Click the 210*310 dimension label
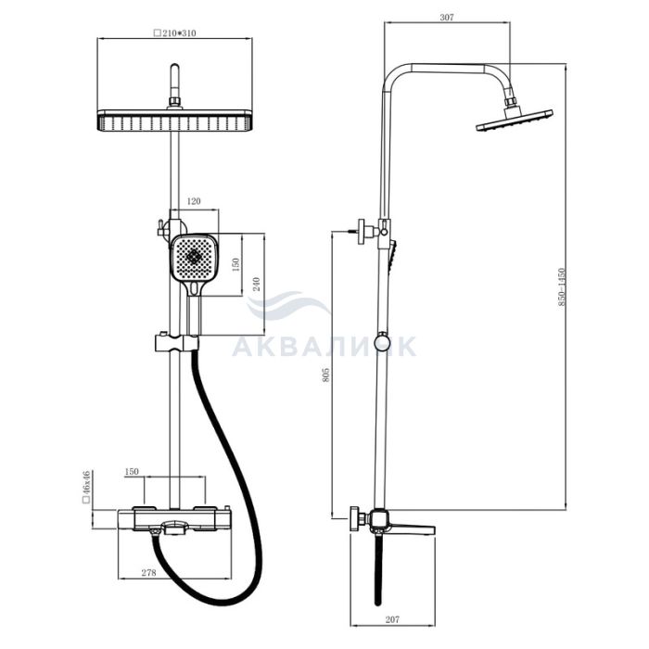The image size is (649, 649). pyautogui.click(x=174, y=33)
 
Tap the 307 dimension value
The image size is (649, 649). pyautogui.click(x=447, y=18)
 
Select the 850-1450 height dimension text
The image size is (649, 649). pyautogui.click(x=561, y=286)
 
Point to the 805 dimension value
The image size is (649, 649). pyautogui.click(x=326, y=375)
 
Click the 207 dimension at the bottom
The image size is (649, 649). pyautogui.click(x=392, y=619)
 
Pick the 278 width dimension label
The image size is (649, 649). pyautogui.click(x=149, y=573)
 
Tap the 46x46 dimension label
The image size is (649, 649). pyautogui.click(x=86, y=487)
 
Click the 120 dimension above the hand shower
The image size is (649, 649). pyautogui.click(x=194, y=201)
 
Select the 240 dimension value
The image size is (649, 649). pyautogui.click(x=256, y=285)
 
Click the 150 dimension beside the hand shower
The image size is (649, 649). pyautogui.click(x=235, y=265)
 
